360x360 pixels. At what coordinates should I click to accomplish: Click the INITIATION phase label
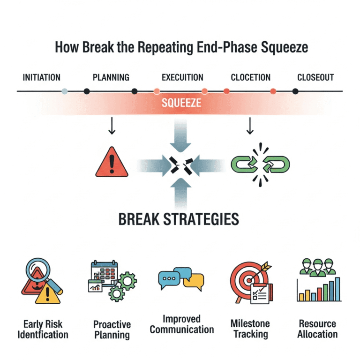click(41, 77)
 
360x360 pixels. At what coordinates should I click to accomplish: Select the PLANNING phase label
click(111, 77)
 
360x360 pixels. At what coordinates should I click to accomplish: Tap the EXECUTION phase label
click(182, 77)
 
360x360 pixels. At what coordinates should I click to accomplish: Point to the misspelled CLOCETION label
click(251, 77)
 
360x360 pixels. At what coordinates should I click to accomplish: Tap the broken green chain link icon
click(261, 164)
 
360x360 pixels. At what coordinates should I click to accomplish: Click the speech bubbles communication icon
click(181, 280)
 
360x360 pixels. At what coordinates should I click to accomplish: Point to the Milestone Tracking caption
click(249, 329)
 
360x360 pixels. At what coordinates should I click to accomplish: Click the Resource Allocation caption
click(317, 329)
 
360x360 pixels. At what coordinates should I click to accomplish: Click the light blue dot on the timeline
click(65, 91)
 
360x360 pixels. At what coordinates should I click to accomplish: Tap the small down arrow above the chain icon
click(250, 126)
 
